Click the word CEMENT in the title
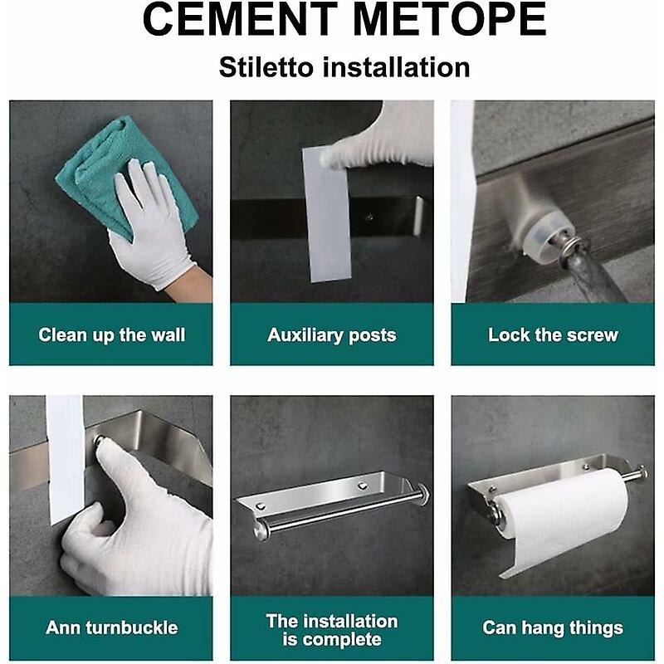[x=241, y=19]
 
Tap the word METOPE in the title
[x=448, y=19]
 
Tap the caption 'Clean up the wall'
[x=112, y=334]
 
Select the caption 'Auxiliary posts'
[x=331, y=335]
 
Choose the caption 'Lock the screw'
[x=553, y=334]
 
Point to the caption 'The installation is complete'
[x=332, y=630]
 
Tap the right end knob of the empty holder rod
[x=423, y=493]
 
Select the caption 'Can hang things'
[x=553, y=627]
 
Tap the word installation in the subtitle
[x=397, y=67]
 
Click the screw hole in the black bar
[x=369, y=217]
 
